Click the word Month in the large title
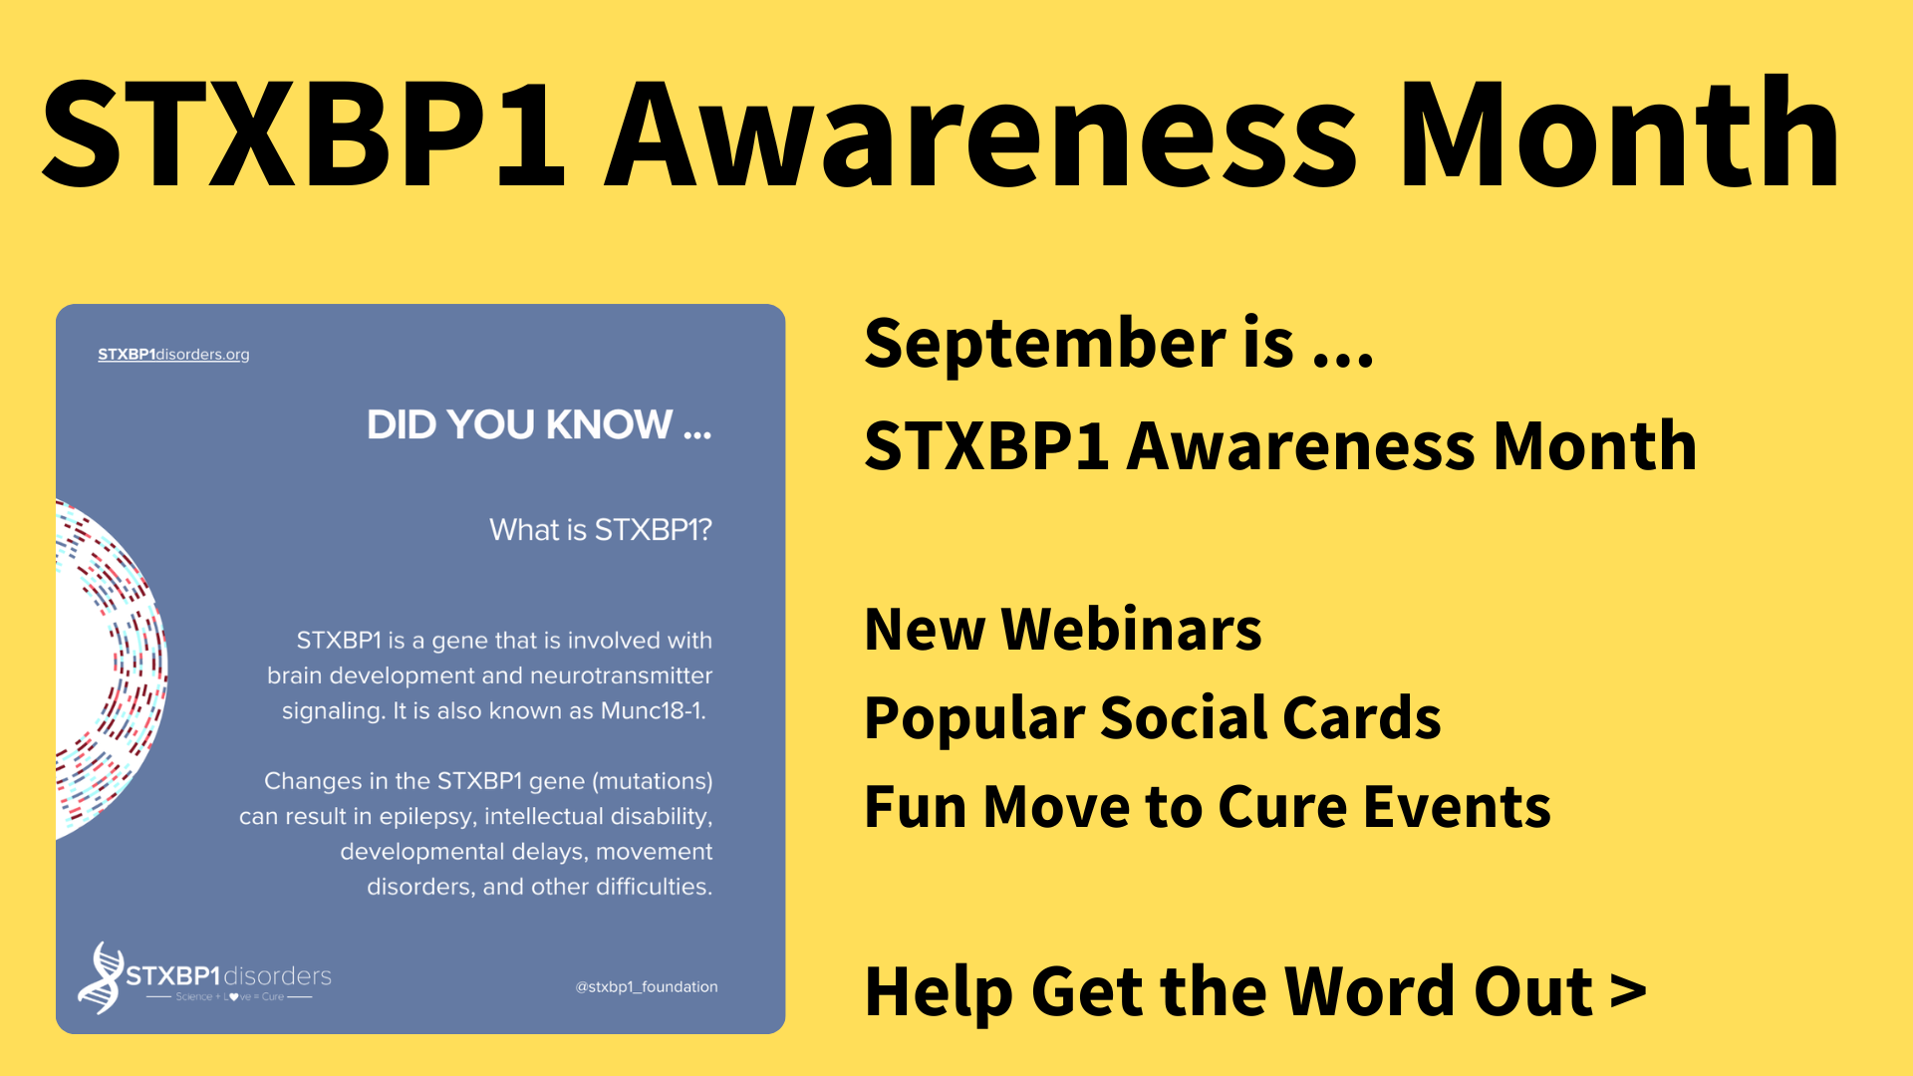tap(1619, 134)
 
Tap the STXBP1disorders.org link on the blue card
tap(173, 355)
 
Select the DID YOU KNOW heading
tap(538, 425)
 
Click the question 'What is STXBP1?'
tap(600, 530)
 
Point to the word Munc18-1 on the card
tap(653, 711)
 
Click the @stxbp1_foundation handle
tap(647, 987)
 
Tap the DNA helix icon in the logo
tap(101, 977)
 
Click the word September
tap(1045, 344)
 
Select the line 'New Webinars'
tap(1062, 630)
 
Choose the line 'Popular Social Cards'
tap(1152, 718)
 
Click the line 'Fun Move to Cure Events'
tap(1207, 807)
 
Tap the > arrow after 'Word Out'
tap(1628, 992)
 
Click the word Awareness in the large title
tap(980, 134)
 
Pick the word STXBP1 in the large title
tap(304, 134)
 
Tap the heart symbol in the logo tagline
tap(233, 997)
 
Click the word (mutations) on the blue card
tap(653, 781)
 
